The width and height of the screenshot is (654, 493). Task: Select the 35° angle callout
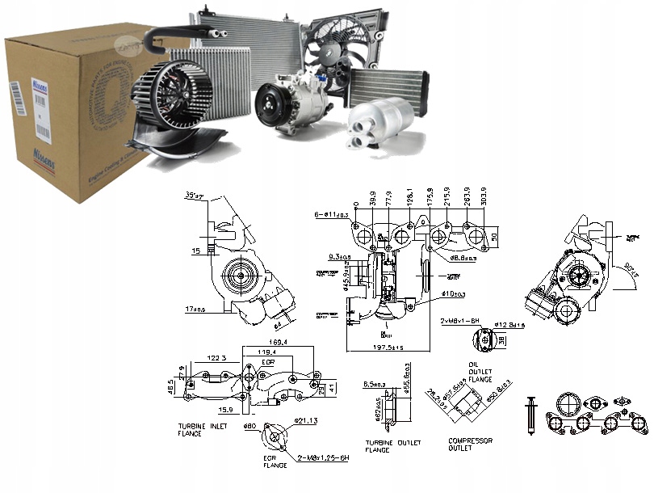[x=193, y=196]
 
